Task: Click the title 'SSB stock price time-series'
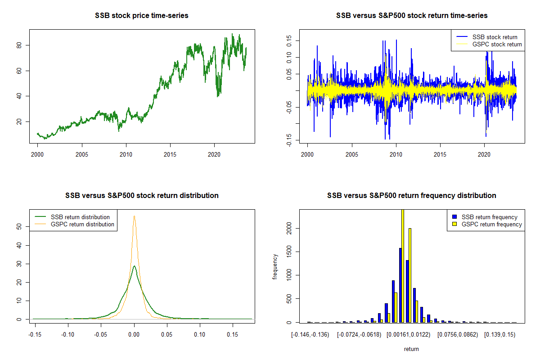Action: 142,16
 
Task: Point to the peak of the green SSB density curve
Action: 134,266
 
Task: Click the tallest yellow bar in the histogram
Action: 403,265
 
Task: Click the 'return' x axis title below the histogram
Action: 411,349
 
